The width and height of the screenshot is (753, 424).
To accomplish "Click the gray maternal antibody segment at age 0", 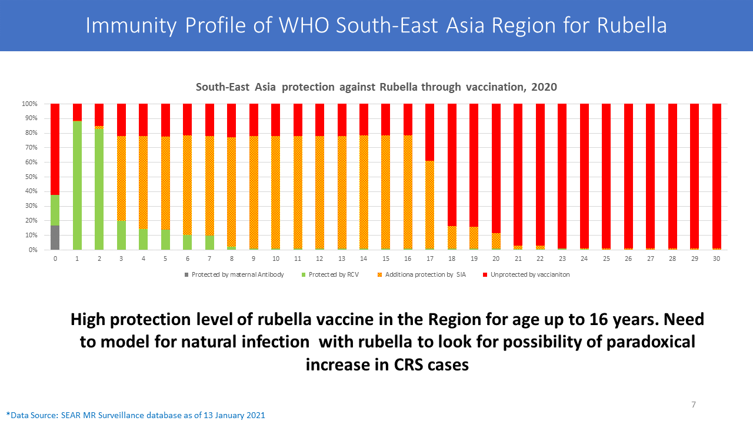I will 55,237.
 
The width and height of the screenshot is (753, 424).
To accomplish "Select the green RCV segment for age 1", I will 77,185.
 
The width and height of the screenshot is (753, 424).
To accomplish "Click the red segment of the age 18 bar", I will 452,165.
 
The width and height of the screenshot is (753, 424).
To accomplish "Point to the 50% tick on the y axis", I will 31,177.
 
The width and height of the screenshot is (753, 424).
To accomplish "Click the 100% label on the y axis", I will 29,104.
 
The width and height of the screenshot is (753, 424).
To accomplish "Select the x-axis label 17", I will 430,258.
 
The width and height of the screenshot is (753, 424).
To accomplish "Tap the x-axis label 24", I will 584,258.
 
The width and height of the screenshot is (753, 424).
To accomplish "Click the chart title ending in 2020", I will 376,87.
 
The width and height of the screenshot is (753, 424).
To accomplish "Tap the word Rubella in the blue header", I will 632,25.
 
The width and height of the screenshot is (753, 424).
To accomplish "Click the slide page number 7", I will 694,405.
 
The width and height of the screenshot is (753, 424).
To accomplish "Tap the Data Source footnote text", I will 136,415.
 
